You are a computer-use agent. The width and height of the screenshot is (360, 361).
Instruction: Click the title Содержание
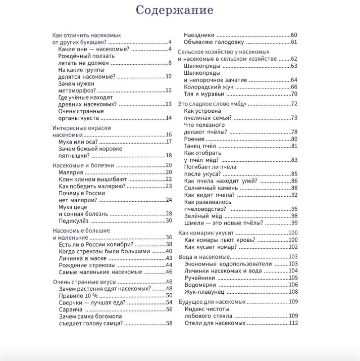[x=175, y=11]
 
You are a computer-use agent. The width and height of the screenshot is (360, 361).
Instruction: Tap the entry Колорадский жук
[x=209, y=87]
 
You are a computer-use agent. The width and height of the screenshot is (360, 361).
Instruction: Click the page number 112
[x=293, y=323]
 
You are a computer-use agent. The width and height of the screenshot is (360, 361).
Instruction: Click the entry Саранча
[x=71, y=309]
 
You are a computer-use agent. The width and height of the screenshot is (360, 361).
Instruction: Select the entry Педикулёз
[x=75, y=220]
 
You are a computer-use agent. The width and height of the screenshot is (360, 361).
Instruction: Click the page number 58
[x=169, y=324]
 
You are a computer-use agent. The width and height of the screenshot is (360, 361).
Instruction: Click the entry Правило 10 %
[x=78, y=295]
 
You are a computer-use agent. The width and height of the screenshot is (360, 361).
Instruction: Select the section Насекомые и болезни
[x=83, y=165]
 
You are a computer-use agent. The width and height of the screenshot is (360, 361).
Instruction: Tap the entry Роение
[x=195, y=139]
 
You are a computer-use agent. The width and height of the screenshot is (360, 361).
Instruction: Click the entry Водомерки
[x=200, y=285]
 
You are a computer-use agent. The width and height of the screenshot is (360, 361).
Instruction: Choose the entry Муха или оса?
[x=79, y=142]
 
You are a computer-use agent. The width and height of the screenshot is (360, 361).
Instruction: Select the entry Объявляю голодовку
[x=214, y=42]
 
